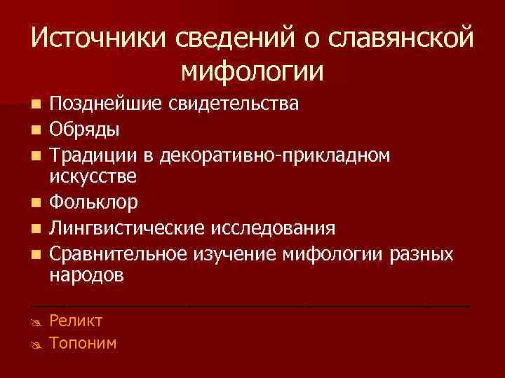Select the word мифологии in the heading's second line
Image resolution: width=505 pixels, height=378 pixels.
[x=252, y=71]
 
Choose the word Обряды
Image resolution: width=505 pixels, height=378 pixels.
[x=83, y=129]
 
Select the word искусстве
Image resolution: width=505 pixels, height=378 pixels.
[x=93, y=177]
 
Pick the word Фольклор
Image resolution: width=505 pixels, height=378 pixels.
[x=93, y=203]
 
